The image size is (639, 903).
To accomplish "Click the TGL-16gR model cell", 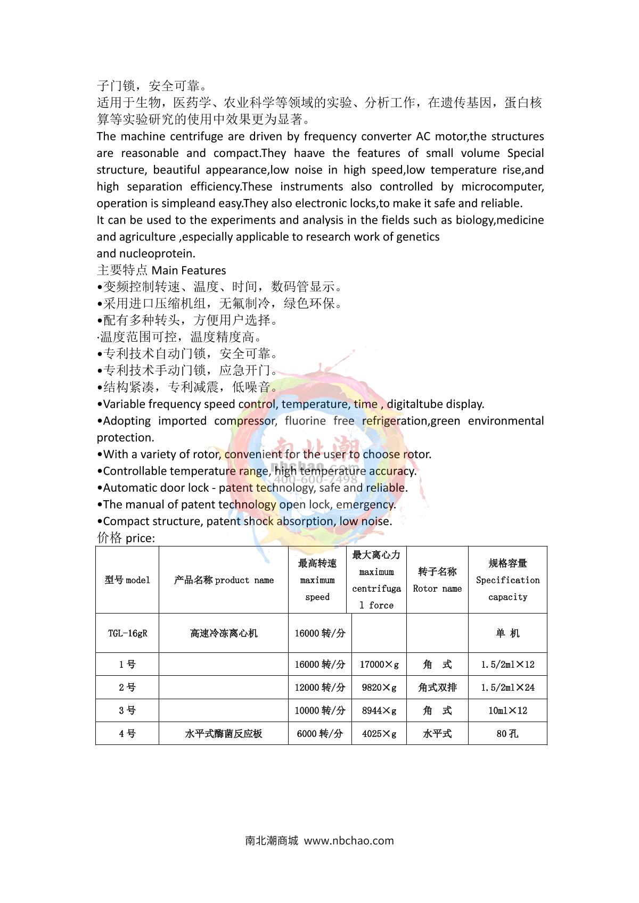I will pyautogui.click(x=127, y=633).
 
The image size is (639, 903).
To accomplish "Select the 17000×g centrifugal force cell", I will pyautogui.click(x=379, y=665).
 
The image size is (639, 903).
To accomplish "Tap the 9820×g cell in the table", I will pyautogui.click(x=379, y=687).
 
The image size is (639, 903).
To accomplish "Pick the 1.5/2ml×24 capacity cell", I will pyautogui.click(x=507, y=687).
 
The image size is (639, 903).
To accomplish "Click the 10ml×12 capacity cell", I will pyautogui.click(x=507, y=710).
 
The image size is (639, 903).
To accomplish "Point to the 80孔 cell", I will pyautogui.click(x=507, y=734).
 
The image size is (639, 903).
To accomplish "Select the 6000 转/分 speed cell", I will pyautogui.click(x=320, y=734).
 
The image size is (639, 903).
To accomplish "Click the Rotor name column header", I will pyautogui.click(x=437, y=580).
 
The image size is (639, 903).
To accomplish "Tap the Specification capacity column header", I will pyautogui.click(x=507, y=580).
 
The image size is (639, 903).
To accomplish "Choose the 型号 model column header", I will pyautogui.click(x=127, y=580).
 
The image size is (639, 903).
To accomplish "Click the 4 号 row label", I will pyautogui.click(x=127, y=734).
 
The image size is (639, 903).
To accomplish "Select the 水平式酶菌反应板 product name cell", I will pyautogui.click(x=224, y=734).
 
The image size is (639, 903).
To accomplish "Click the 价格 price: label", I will pyautogui.click(x=126, y=538).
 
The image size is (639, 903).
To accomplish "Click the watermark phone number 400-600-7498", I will pyautogui.click(x=316, y=479).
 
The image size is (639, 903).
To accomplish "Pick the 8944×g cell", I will pyautogui.click(x=379, y=710).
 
